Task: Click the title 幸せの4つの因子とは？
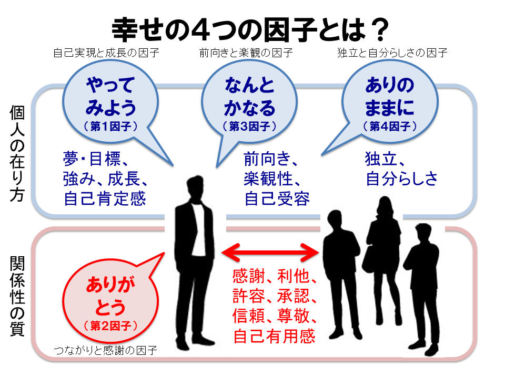pos(250,29)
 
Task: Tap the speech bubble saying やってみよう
pos(110,102)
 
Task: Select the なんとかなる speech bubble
pos(249,102)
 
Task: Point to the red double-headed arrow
pos(270,253)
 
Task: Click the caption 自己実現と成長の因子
pos(106,52)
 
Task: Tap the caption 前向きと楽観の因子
pos(246,52)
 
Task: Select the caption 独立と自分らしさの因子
pos(392,52)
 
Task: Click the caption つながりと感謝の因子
pos(105,350)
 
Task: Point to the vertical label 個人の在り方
pos(17,153)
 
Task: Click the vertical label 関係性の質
pos(17,296)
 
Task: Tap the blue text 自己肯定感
pos(105,198)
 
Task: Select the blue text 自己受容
pos(277,198)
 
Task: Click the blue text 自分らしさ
pos(401,178)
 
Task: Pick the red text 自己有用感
pos(274,336)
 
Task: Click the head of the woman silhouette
pos(385,207)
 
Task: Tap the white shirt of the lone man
pos(199,227)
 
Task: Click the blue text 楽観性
pos(272,178)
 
